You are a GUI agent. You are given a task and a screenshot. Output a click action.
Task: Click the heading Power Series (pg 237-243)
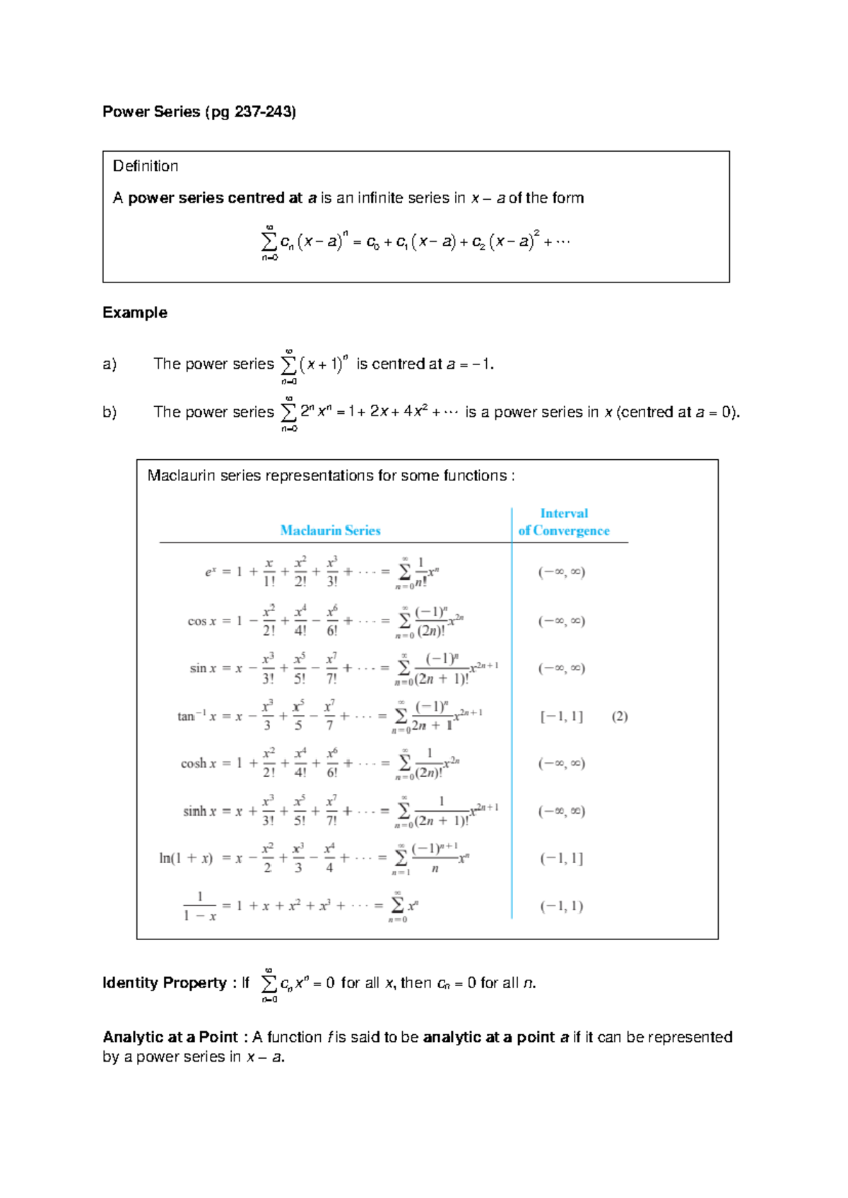(199, 112)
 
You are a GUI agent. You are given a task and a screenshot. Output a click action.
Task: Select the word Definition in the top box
(146, 166)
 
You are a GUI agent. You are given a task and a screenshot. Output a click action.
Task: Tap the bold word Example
(135, 313)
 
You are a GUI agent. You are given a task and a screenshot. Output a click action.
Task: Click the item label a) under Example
(110, 364)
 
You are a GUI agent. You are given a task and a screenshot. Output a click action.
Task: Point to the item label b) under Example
(110, 413)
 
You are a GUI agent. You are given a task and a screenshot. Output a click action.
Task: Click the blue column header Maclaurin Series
(330, 530)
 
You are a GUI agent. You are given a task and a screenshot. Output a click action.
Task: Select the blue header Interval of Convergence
(564, 522)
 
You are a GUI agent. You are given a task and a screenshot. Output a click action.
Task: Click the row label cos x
(202, 622)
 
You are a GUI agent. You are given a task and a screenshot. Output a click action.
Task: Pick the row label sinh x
(199, 811)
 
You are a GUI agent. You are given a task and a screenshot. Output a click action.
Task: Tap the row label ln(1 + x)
(186, 858)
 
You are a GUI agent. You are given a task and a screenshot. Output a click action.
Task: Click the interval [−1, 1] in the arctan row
(562, 716)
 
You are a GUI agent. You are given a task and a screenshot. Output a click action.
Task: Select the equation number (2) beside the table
(620, 716)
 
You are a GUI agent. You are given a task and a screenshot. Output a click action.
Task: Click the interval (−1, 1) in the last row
(562, 906)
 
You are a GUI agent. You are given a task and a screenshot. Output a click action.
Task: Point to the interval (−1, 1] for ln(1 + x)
(562, 858)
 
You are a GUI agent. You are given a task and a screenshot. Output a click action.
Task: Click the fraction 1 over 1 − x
(199, 906)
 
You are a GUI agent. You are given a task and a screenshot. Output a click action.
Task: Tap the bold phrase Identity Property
(165, 983)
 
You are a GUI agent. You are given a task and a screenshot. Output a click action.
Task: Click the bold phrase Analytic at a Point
(170, 1038)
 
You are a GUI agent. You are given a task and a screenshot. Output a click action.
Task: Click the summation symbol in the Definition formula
(269, 242)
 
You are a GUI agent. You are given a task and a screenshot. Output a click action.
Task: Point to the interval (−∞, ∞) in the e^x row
(562, 572)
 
